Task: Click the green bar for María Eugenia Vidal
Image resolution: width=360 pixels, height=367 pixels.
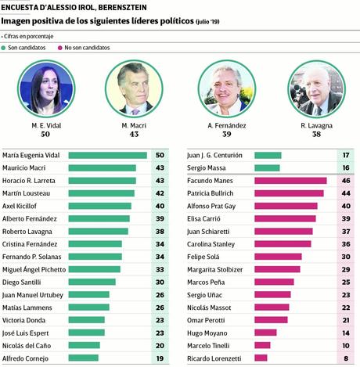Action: (107, 156)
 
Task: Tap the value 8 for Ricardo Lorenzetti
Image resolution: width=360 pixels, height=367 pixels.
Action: (346, 358)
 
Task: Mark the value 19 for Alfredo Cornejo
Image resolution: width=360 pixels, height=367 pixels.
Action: (160, 358)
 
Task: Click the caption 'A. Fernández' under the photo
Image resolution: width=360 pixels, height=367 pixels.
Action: (221, 125)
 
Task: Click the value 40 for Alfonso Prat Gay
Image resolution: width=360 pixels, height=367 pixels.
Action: (346, 206)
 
